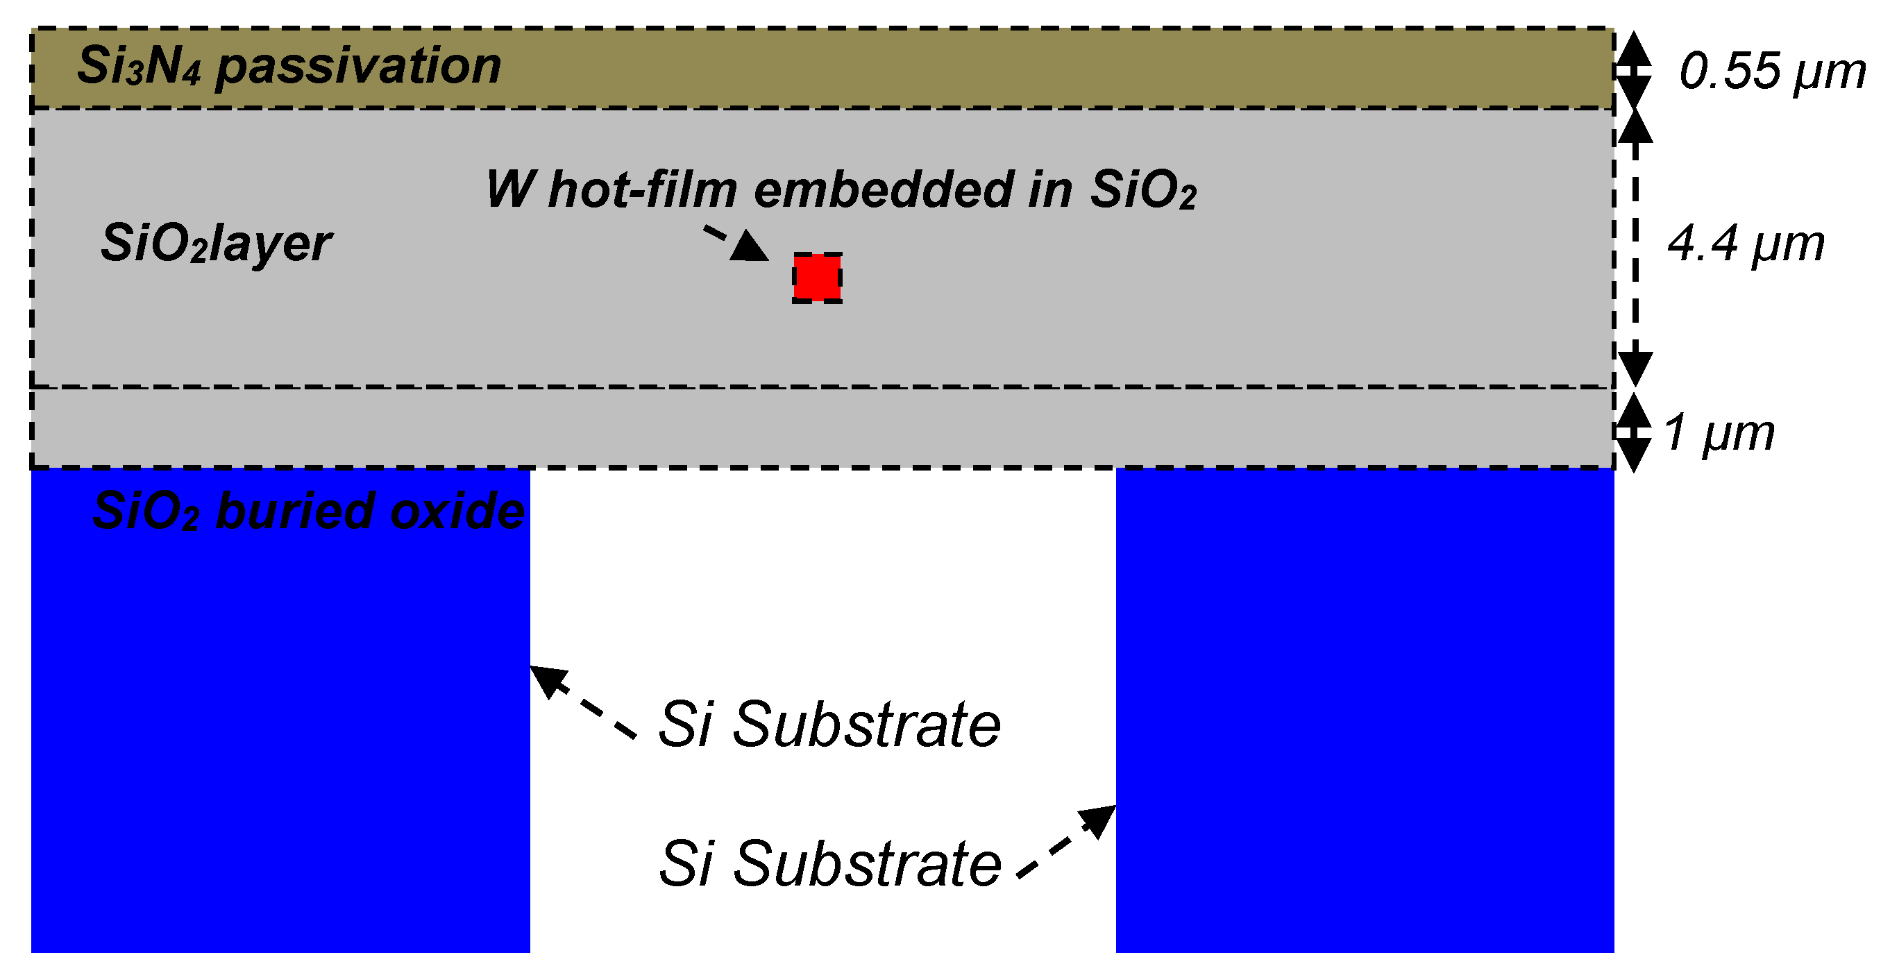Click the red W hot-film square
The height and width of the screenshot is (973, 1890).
coord(817,278)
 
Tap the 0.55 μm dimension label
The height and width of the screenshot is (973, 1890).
coord(1772,72)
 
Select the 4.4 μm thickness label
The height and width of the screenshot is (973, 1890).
coord(1746,244)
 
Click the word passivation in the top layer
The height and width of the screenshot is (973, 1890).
coord(359,66)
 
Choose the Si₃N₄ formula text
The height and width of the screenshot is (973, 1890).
coord(139,66)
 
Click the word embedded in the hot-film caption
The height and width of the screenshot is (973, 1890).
coord(884,189)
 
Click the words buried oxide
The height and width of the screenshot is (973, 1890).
coord(371,511)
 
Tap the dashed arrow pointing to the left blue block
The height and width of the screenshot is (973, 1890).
coord(582,701)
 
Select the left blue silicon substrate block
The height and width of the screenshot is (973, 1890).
coord(280,734)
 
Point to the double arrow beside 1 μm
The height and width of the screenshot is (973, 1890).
coord(1634,432)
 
